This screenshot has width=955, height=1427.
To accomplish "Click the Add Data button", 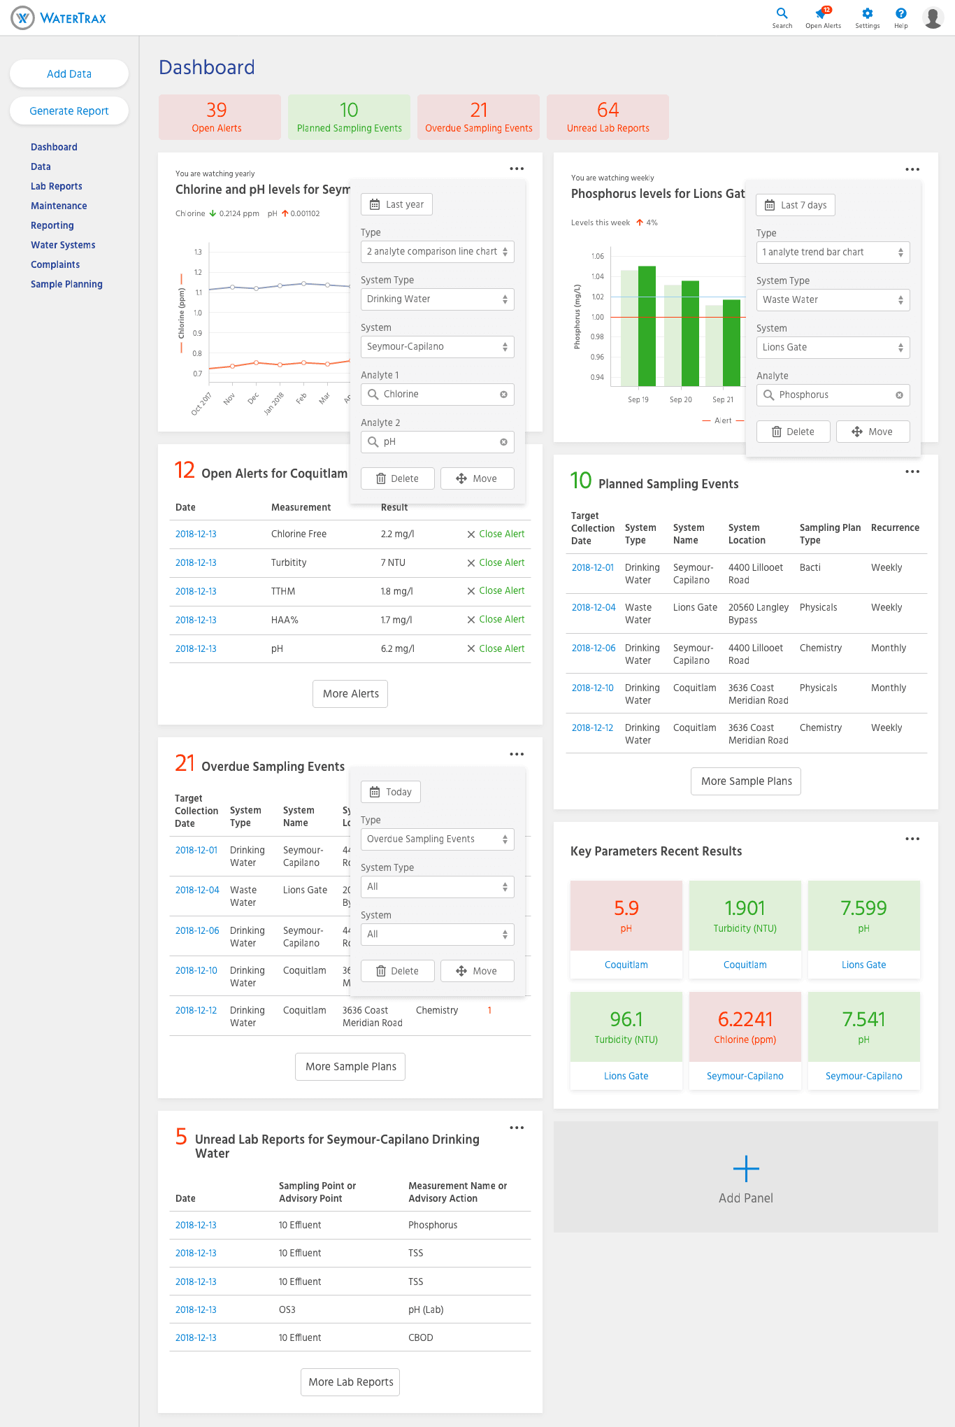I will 69,74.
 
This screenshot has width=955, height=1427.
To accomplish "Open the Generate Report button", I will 69,111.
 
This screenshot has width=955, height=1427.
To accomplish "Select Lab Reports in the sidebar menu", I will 57,186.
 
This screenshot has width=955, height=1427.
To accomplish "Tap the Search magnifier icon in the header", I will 782,13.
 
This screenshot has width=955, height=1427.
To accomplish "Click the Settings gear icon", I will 867,13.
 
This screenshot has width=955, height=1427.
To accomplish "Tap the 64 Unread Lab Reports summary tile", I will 608,117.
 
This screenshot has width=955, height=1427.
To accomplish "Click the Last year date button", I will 396,204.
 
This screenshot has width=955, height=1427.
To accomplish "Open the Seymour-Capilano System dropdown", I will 437,347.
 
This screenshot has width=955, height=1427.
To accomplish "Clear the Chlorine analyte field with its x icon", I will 503,395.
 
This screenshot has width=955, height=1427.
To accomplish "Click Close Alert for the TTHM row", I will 496,591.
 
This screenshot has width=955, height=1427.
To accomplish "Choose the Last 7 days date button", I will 796,205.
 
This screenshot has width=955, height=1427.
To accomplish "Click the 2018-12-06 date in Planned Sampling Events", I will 594,648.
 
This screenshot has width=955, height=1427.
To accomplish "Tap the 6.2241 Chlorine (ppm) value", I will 745,1019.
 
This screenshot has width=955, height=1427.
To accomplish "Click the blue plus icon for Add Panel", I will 746,1169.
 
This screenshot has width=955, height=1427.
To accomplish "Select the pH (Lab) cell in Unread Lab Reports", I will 426,1309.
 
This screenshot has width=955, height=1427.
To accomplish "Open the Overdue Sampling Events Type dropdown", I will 437,839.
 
